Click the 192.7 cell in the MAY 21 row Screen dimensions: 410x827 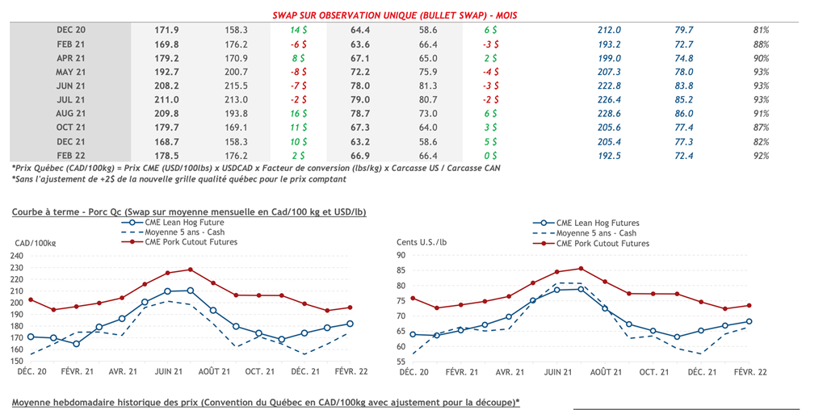pos(166,72)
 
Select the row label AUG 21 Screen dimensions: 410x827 pos(71,114)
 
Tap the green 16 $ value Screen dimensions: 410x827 pos(298,114)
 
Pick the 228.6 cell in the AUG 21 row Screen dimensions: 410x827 pos(609,114)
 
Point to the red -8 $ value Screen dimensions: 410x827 pos(298,72)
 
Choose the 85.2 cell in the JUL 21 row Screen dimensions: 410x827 pos(684,100)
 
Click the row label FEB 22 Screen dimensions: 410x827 pos(71,156)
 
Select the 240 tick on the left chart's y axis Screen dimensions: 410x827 pos(17,256)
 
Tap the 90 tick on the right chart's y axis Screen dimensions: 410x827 pos(401,256)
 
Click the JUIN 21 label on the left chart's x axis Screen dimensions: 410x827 pos(166,373)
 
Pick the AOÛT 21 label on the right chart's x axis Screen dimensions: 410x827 pos(605,373)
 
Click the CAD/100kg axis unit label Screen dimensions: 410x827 pos(36,243)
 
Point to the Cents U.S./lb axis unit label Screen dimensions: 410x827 pos(422,243)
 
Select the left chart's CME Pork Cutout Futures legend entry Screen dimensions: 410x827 pos(191,241)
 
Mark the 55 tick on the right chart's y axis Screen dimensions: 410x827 pos(401,362)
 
